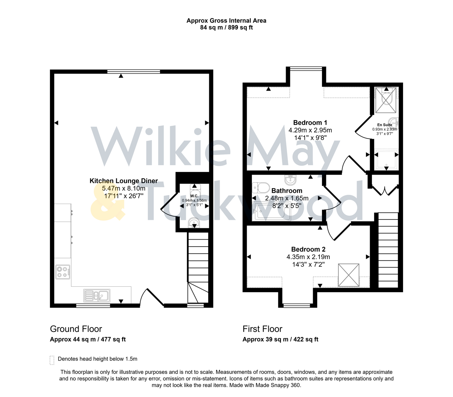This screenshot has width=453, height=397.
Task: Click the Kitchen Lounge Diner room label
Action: [x=124, y=181]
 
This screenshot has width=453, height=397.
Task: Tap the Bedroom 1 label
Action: [x=310, y=123]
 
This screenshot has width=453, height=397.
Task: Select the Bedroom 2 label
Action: [x=308, y=249]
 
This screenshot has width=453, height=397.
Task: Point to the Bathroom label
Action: [x=287, y=191]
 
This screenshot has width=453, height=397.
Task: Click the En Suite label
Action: [x=384, y=125]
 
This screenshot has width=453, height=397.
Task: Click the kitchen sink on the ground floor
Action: [x=97, y=295]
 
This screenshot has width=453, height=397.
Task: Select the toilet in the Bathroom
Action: [x=261, y=188]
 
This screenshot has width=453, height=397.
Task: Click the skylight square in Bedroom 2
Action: [x=348, y=275]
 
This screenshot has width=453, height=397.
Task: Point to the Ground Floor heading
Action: [x=76, y=329]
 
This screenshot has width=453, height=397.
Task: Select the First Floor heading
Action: [x=262, y=329]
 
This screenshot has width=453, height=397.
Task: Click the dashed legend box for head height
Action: [x=52, y=360]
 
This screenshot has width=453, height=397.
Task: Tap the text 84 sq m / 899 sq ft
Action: [x=226, y=28]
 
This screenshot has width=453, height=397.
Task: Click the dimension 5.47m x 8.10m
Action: [x=124, y=189]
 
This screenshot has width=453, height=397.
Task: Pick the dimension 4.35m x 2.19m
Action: [x=308, y=257]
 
